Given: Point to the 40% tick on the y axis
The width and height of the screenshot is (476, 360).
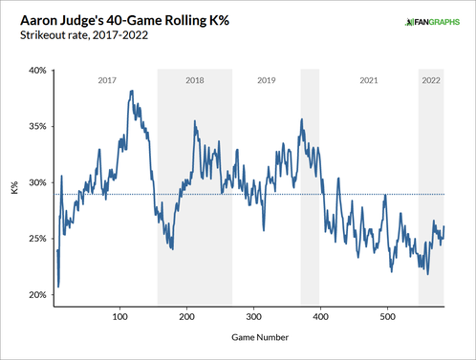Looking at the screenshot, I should click(36, 70).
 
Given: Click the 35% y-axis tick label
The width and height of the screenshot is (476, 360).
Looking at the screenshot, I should click(36, 126).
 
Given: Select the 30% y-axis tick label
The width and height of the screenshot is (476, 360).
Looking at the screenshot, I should click(36, 182).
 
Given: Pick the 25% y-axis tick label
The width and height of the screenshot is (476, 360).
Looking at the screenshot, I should click(36, 239).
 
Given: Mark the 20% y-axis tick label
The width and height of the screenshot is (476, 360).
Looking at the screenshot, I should click(36, 295).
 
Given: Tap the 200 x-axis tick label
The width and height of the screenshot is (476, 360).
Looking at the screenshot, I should click(186, 315).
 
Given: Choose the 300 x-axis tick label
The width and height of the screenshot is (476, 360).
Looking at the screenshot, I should click(253, 315).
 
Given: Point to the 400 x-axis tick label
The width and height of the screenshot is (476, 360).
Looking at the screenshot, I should click(320, 315).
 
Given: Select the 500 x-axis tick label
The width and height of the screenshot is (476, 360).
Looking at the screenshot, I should click(387, 315).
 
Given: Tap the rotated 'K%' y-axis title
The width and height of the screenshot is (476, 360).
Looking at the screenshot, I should click(14, 187).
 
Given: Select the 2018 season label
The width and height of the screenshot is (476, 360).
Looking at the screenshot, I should click(193, 80).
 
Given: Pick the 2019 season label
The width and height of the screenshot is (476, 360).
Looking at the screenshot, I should click(267, 80).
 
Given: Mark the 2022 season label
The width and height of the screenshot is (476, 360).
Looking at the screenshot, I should click(433, 80).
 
